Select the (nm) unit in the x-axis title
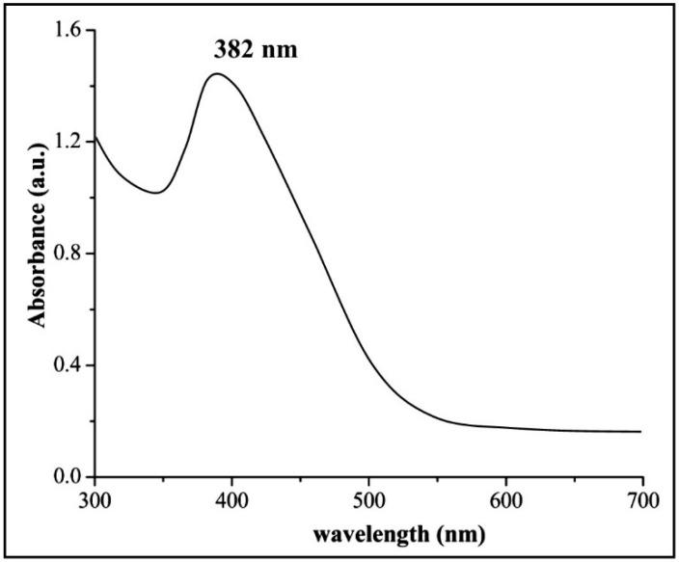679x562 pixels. click(x=457, y=533)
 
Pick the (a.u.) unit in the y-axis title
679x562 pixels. click(x=39, y=174)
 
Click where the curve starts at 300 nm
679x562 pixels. click(x=95, y=136)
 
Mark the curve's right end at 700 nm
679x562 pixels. click(x=641, y=432)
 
